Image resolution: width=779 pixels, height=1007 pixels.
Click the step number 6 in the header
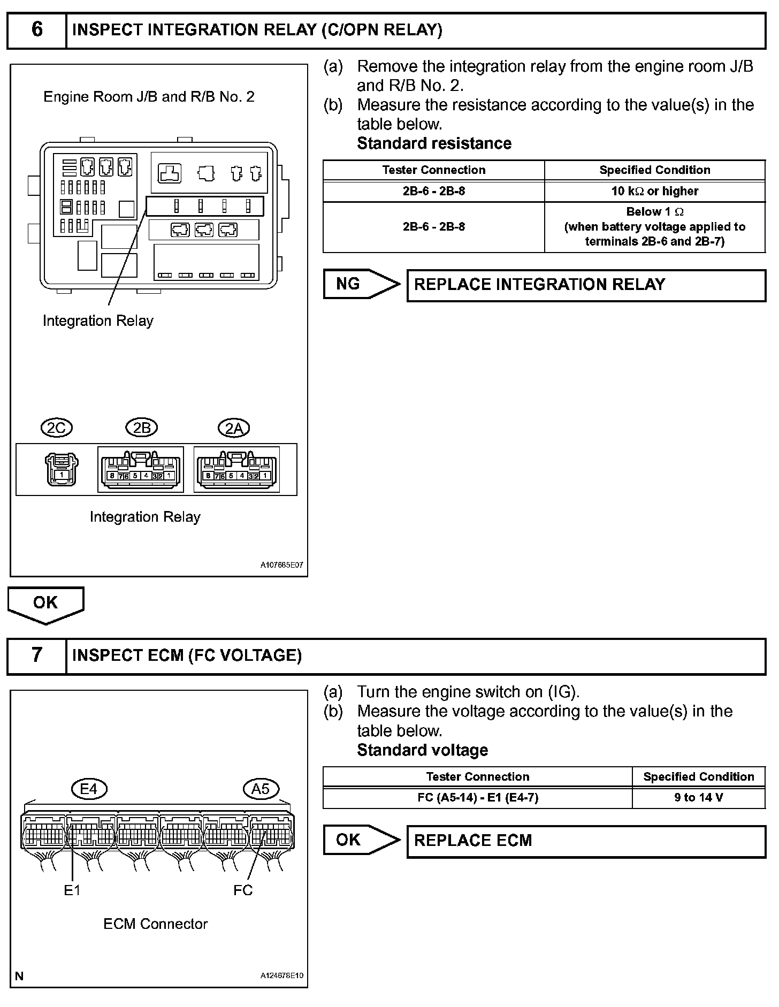36,30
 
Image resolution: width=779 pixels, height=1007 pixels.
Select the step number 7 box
36,655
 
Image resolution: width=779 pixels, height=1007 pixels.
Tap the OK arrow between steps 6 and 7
45,604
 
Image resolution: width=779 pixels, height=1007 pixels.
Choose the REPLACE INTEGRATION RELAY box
586,285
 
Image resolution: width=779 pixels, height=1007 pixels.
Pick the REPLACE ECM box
586,841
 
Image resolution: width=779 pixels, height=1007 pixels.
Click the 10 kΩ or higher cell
655,191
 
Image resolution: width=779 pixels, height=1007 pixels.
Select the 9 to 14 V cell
698,798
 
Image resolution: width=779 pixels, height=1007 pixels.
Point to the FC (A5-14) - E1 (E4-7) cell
477,798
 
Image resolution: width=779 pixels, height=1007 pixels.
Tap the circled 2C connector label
56,428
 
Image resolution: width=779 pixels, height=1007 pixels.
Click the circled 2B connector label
142,428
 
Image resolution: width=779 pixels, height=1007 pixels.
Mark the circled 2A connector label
234,429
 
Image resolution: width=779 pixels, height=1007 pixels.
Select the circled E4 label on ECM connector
89,789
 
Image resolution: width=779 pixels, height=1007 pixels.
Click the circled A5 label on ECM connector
261,789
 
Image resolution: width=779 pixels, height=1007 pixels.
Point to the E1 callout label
72,890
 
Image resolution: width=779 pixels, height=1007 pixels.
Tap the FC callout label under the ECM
243,890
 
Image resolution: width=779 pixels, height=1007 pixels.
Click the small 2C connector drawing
62,469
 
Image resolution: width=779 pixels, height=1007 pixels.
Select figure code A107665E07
281,565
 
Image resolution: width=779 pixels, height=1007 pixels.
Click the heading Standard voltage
422,750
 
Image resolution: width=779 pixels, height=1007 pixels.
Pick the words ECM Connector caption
155,924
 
